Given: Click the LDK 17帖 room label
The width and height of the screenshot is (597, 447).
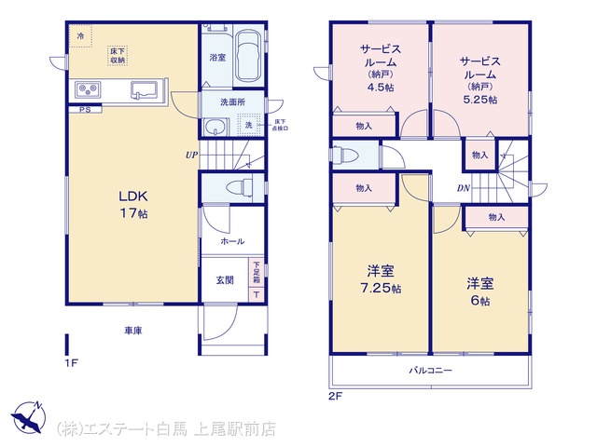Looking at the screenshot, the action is [x=133, y=205].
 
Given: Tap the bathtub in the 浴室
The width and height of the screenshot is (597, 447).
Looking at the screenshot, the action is [x=248, y=58].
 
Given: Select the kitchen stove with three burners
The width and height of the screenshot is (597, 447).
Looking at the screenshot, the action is [x=88, y=90].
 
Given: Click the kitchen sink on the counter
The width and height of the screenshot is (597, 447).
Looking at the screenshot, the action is [x=145, y=90].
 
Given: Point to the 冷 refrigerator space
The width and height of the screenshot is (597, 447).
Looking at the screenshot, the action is [x=80, y=36].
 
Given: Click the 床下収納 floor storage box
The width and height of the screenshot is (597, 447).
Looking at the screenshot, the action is [x=117, y=56].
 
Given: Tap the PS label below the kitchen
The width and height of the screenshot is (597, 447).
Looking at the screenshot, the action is [x=85, y=110].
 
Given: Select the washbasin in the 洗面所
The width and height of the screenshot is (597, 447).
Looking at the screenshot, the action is [x=215, y=127].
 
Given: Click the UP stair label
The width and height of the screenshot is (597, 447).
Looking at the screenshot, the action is [x=191, y=156].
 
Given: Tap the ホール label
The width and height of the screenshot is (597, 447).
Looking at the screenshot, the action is [x=232, y=241].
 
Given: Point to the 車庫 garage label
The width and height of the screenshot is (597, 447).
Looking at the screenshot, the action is [x=133, y=331].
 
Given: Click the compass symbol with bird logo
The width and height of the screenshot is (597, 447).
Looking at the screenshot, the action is [x=28, y=417].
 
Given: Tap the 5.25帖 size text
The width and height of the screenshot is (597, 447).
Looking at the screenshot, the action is [x=479, y=100].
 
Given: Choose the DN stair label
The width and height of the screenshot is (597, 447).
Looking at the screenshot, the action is [x=464, y=188].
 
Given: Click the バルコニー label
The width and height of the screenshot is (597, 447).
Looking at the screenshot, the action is [x=431, y=370].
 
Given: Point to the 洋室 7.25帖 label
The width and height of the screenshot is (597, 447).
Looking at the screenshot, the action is [x=381, y=279].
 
